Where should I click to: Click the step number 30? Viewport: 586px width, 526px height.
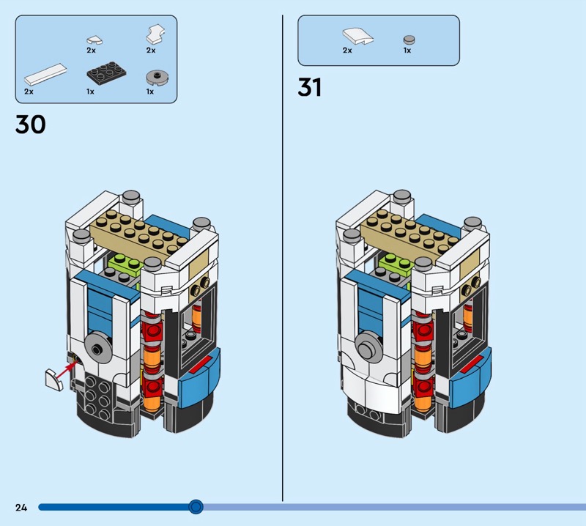click(x=31, y=125)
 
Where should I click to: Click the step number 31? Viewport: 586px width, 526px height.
click(x=309, y=87)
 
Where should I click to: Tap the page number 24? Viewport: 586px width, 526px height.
click(x=21, y=507)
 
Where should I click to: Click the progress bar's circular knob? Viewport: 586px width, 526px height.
click(x=196, y=507)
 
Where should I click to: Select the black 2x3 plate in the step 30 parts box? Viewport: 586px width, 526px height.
click(x=106, y=73)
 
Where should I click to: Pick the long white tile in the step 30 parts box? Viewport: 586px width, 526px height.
click(x=45, y=74)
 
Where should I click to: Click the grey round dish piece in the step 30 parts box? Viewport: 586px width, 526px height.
click(x=157, y=78)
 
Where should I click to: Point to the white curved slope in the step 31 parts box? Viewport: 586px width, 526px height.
click(x=358, y=36)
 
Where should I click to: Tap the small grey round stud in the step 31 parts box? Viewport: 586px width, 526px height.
click(x=409, y=40)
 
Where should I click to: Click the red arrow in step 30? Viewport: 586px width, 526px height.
click(x=69, y=369)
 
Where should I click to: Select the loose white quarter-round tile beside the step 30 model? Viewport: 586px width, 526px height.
click(x=54, y=380)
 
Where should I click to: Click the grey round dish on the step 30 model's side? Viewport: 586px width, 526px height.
click(x=98, y=349)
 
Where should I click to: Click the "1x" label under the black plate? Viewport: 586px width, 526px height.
click(x=90, y=92)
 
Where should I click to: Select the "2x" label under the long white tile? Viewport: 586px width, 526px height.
click(x=29, y=92)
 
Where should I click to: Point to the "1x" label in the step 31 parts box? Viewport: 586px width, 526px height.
click(x=407, y=51)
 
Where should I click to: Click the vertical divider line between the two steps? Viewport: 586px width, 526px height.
click(x=283, y=258)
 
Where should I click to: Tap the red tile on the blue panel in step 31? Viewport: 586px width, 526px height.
click(x=471, y=364)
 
